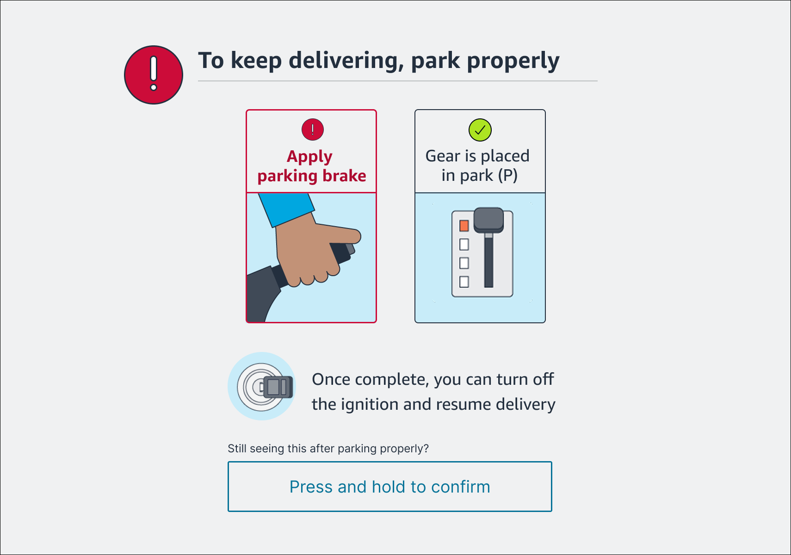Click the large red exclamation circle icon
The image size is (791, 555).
click(154, 75)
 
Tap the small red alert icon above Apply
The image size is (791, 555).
click(313, 129)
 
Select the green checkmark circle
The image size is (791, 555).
click(480, 130)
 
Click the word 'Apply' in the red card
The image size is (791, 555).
click(309, 157)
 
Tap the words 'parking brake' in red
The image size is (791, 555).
click(312, 176)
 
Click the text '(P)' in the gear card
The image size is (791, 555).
click(507, 176)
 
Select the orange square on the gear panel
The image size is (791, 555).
click(464, 226)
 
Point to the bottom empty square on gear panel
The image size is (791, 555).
click(464, 282)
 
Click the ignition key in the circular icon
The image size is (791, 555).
click(277, 387)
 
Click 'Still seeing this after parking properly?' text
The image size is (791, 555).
click(328, 449)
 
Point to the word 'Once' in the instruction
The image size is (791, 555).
click(331, 380)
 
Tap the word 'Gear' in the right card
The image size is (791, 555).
click(443, 156)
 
